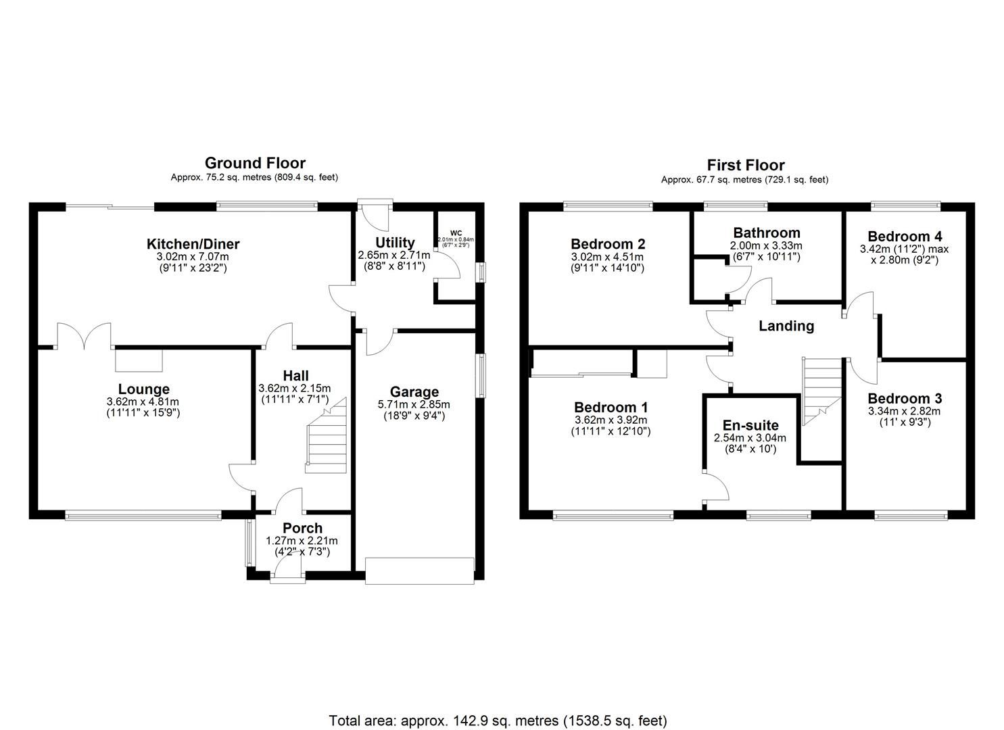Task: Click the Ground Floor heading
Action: pyautogui.click(x=255, y=163)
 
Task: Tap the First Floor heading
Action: pyautogui.click(x=745, y=165)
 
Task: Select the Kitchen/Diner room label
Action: pyautogui.click(x=193, y=244)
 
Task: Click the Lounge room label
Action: pyautogui.click(x=143, y=389)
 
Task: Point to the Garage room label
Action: pyautogui.click(x=414, y=392)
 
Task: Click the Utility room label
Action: pyautogui.click(x=395, y=243)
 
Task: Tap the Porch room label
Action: pyautogui.click(x=302, y=528)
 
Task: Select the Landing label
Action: pyautogui.click(x=786, y=326)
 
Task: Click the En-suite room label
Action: pyautogui.click(x=750, y=425)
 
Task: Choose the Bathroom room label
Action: pyautogui.click(x=765, y=233)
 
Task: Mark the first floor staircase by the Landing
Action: pyautogui.click(x=820, y=389)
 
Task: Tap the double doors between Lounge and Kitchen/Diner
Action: pyautogui.click(x=84, y=336)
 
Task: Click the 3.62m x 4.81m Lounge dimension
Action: pyautogui.click(x=143, y=402)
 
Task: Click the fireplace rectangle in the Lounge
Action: pyautogui.click(x=139, y=360)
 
